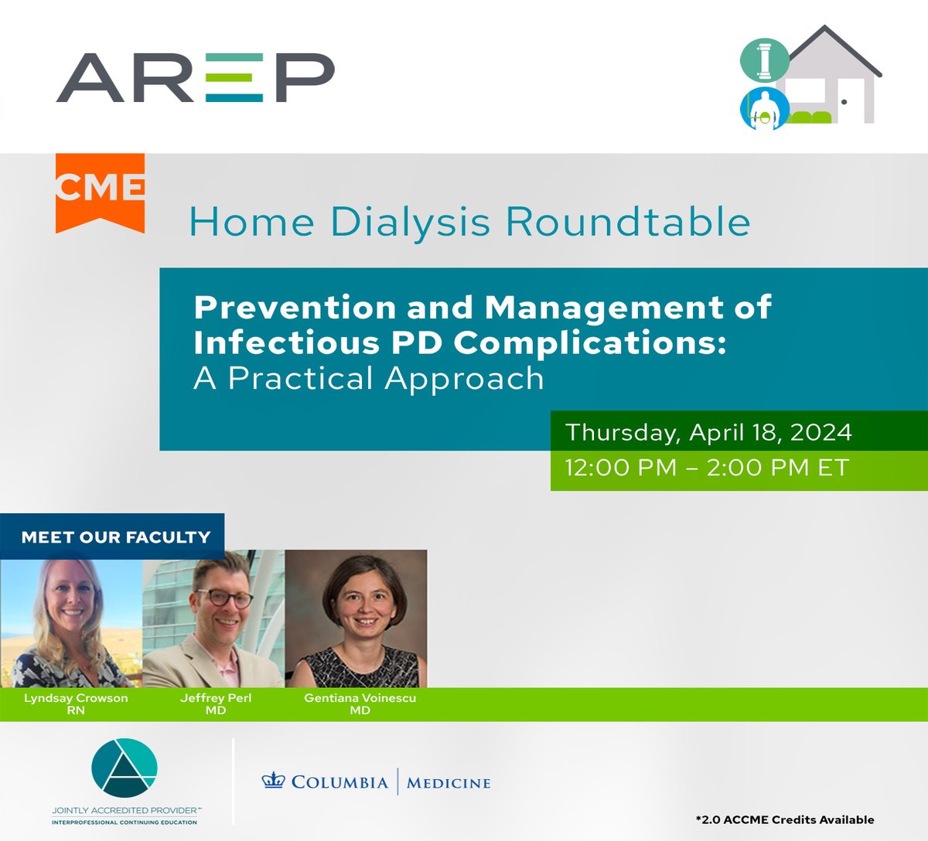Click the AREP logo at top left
(x=195, y=77)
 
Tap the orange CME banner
(x=100, y=190)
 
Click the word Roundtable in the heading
(x=627, y=222)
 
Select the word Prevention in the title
(x=294, y=308)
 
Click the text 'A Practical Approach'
(x=369, y=379)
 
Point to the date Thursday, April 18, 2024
(x=708, y=431)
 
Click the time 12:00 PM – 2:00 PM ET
(x=707, y=468)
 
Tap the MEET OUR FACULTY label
(x=116, y=536)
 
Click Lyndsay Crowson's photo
(x=71, y=618)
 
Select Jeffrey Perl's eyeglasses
(x=224, y=598)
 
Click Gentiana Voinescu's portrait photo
(x=357, y=618)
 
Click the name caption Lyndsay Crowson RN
(x=76, y=703)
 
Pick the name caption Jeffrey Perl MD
(x=216, y=703)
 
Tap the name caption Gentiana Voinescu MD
(x=360, y=703)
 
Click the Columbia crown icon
(x=274, y=781)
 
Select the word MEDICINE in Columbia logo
(x=449, y=783)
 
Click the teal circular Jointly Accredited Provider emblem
(x=125, y=768)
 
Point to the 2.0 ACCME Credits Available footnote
(x=784, y=819)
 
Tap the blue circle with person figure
(x=764, y=109)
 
